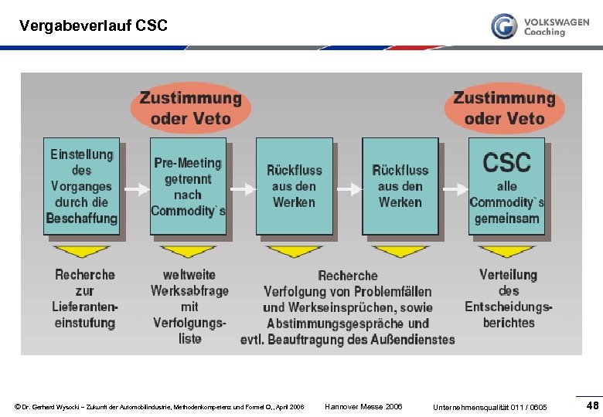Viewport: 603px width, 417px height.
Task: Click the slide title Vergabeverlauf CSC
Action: (94, 25)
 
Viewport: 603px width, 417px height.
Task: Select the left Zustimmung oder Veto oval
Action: (190, 108)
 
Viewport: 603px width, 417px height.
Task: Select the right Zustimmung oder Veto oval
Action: (504, 108)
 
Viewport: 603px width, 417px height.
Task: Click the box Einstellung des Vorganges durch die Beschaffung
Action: (81, 186)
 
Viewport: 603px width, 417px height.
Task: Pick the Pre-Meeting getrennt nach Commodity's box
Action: (188, 186)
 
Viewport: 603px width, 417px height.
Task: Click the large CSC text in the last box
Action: (506, 163)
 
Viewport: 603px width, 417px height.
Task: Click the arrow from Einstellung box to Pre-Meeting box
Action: (135, 188)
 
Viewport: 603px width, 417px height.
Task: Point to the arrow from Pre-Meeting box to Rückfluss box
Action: (243, 188)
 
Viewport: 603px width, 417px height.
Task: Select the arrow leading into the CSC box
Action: (455, 188)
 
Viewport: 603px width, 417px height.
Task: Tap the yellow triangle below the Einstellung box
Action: (81, 251)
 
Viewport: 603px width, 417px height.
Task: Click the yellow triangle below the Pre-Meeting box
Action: (187, 251)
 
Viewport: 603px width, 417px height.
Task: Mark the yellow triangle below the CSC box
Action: (506, 251)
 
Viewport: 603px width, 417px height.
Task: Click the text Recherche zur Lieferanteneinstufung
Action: (85, 299)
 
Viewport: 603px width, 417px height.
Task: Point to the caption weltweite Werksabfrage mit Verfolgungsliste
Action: (189, 307)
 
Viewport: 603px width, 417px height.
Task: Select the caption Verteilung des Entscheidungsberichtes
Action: (508, 299)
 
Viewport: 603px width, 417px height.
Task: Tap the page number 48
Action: (592, 405)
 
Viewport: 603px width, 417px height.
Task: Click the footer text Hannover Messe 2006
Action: (363, 407)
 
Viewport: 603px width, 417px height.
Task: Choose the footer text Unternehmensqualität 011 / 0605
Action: (490, 407)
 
